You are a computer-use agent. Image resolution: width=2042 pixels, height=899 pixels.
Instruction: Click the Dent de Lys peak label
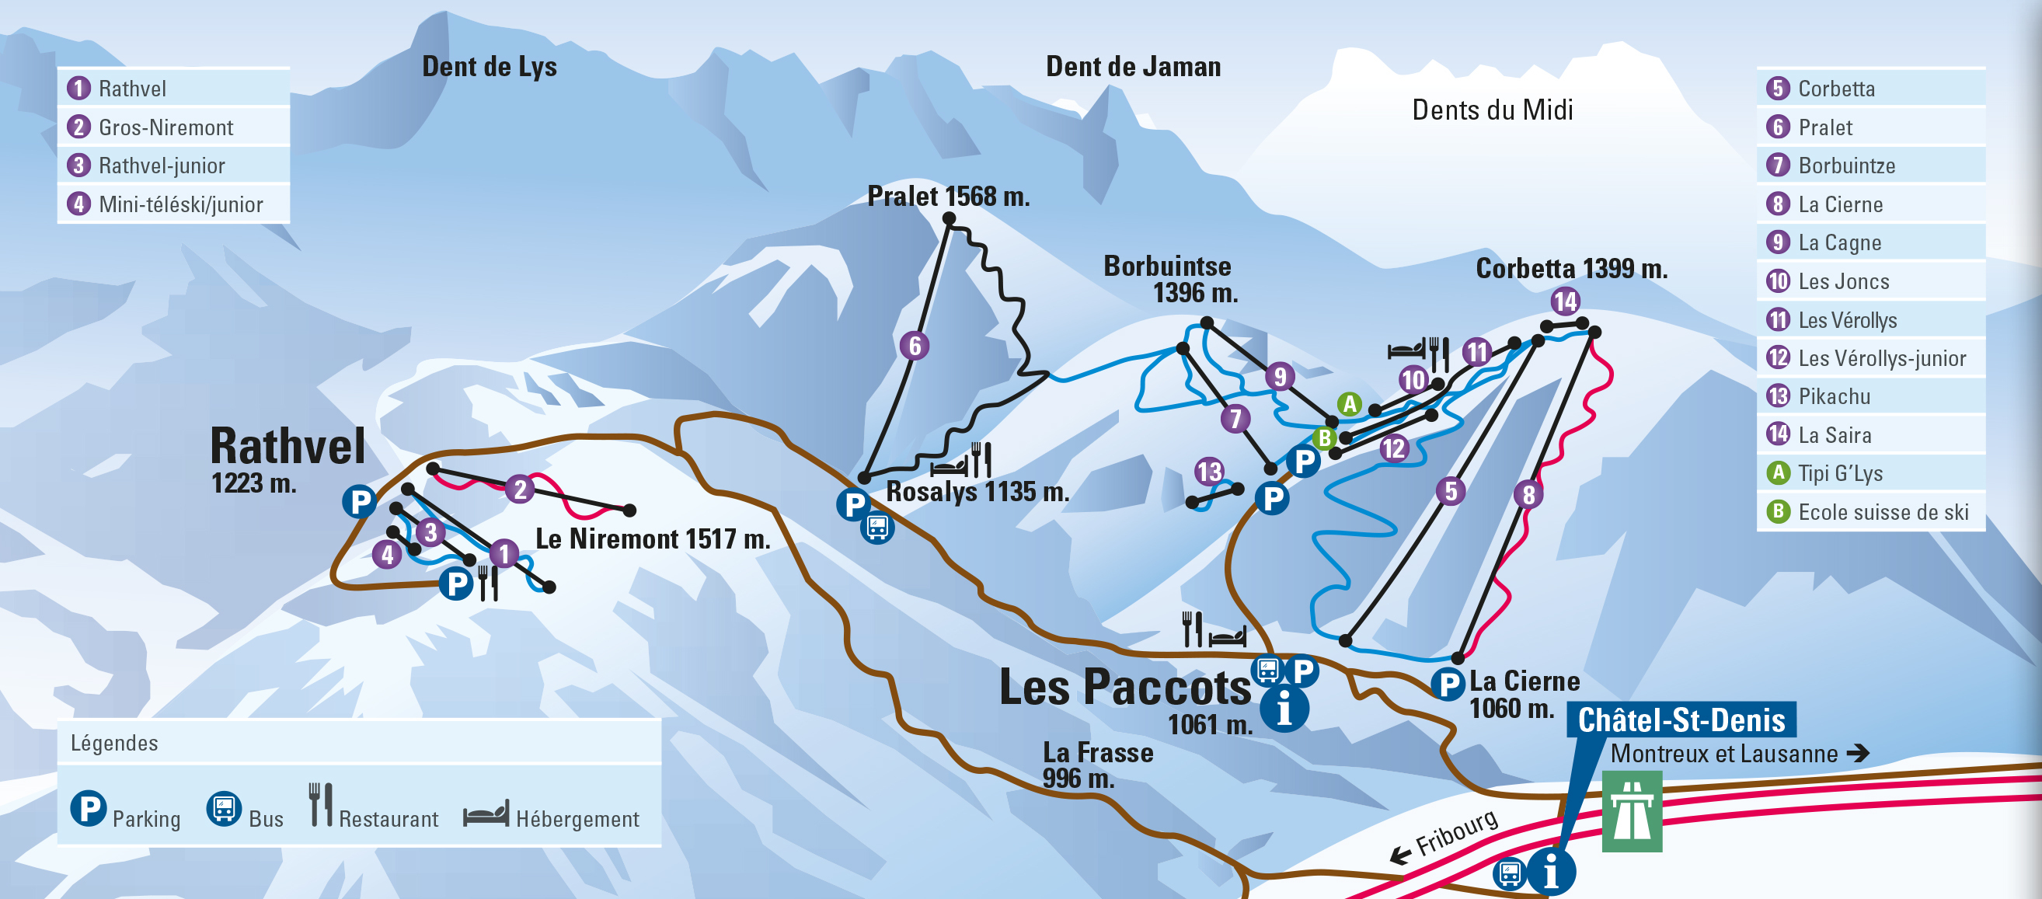(x=489, y=67)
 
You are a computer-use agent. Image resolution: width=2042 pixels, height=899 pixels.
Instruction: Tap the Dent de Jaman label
(x=1133, y=67)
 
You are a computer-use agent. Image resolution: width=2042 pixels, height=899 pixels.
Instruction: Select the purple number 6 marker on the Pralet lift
(x=914, y=346)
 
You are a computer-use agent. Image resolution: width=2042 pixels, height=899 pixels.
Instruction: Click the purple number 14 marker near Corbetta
(x=1565, y=301)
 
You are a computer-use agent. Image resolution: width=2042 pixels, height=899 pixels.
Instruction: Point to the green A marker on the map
(x=1349, y=403)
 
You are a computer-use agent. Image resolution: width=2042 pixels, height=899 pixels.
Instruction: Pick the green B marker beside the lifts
(x=1324, y=437)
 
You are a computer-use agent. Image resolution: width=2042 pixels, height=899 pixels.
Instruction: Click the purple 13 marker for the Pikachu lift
(x=1209, y=472)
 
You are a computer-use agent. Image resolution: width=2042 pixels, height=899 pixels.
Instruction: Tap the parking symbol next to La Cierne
(x=1448, y=683)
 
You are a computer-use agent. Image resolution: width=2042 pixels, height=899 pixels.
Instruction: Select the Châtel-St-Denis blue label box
(x=1681, y=720)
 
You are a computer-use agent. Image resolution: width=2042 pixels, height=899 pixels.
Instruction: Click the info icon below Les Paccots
(x=1284, y=708)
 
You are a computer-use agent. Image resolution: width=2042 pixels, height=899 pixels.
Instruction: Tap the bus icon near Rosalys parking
(x=877, y=526)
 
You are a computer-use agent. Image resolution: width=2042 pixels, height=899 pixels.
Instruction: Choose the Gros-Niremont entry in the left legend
(x=165, y=127)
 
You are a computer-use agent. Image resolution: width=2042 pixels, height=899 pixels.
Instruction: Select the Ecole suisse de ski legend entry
(x=1883, y=511)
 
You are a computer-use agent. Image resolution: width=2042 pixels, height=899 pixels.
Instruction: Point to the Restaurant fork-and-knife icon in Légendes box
(x=320, y=805)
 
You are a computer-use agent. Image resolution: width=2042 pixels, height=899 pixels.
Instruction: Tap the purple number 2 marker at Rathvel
(x=519, y=488)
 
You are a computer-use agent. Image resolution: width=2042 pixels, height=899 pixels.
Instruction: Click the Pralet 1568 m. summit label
(x=948, y=196)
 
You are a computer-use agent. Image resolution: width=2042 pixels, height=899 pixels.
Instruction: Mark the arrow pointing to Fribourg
(x=1401, y=855)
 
